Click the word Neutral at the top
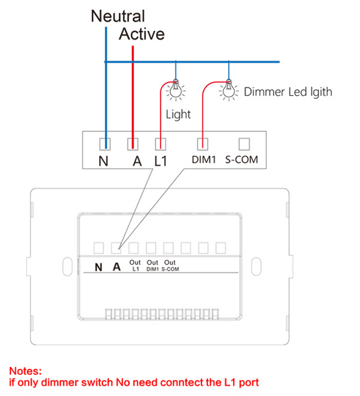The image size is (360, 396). (118, 16)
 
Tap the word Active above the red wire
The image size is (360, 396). (142, 34)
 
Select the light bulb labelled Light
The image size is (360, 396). (176, 90)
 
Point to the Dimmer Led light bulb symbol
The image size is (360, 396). (229, 90)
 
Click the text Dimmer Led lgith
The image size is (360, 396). (288, 92)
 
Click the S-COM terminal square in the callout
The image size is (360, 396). (244, 144)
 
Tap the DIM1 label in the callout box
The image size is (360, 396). (203, 160)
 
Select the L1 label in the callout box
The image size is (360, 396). (161, 161)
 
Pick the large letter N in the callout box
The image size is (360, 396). (104, 161)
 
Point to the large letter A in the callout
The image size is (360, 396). (137, 161)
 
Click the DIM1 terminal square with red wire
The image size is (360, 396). (203, 144)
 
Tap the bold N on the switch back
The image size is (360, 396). (98, 267)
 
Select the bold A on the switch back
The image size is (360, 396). (116, 267)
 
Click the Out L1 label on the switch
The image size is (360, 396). (135, 266)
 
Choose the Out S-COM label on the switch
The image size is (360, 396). (170, 266)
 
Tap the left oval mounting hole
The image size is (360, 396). (67, 267)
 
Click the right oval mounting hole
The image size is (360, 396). (256, 267)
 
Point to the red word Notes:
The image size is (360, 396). (26, 371)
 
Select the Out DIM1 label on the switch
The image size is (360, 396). (153, 266)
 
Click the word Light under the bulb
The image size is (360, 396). (178, 115)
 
